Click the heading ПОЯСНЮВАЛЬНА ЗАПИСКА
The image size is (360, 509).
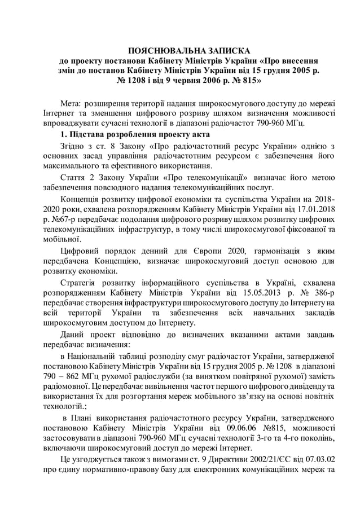pyautogui.click(x=189, y=51)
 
